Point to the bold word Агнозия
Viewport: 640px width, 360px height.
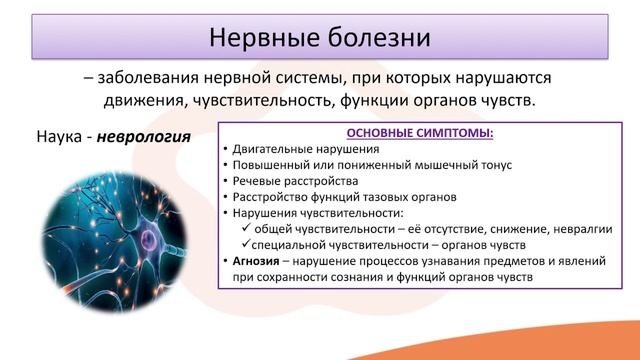coord(258,260)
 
